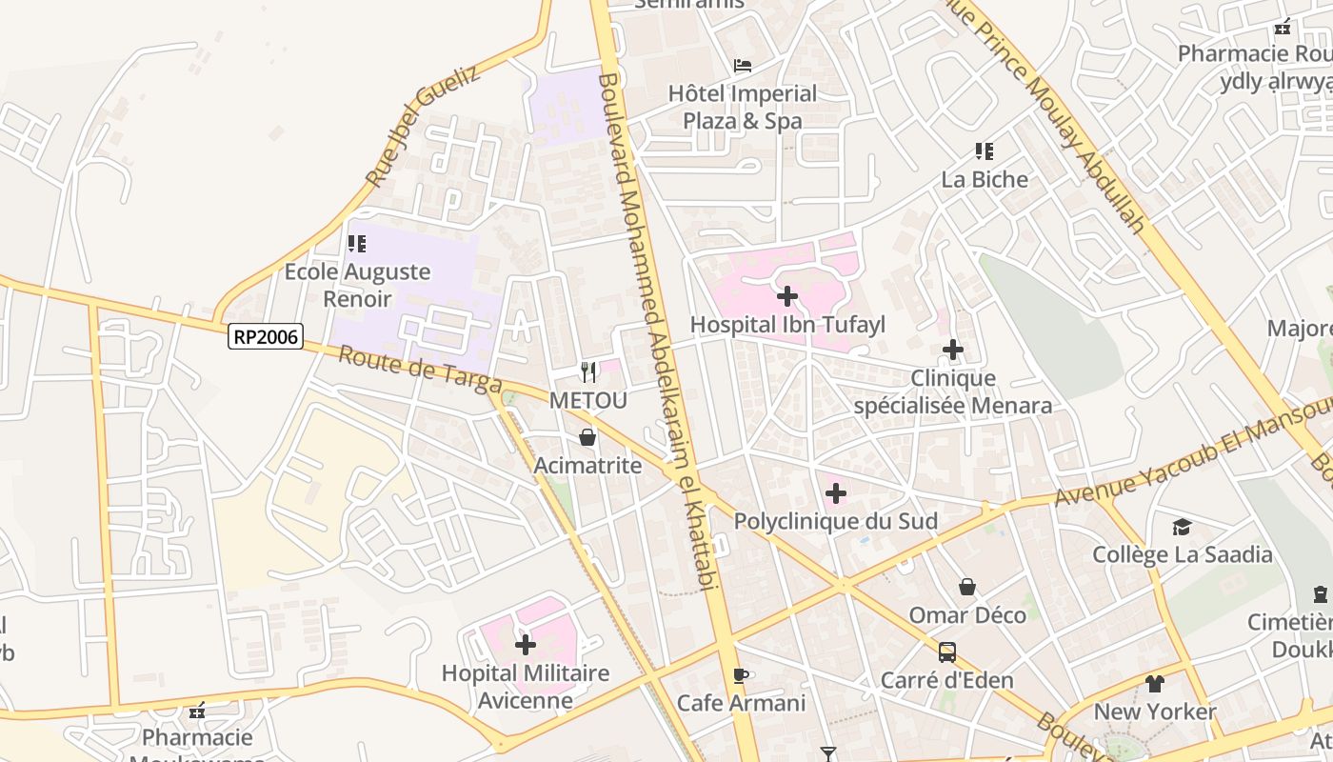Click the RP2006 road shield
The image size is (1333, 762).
point(265,336)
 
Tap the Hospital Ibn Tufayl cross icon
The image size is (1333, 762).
point(787,296)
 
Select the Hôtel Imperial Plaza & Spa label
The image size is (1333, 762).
point(743,107)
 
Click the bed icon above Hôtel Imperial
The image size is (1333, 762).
point(743,66)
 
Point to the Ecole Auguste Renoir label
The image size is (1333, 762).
point(357,285)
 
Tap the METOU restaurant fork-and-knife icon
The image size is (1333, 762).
point(588,371)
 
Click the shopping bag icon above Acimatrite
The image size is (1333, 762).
point(587,437)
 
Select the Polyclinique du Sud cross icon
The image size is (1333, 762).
point(835,493)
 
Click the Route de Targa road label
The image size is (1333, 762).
point(420,370)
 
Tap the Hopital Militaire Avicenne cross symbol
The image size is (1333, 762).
point(525,645)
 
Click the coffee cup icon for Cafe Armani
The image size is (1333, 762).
point(741,675)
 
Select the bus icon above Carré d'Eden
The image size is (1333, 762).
point(946,652)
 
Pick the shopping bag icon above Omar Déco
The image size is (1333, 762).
point(967,587)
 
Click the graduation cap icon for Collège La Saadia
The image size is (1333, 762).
point(1182,527)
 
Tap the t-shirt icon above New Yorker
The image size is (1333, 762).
point(1154,684)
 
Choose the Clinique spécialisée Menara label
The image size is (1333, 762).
point(953,392)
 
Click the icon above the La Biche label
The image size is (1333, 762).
point(985,150)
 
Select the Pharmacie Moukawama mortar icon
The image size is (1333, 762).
point(197,711)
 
